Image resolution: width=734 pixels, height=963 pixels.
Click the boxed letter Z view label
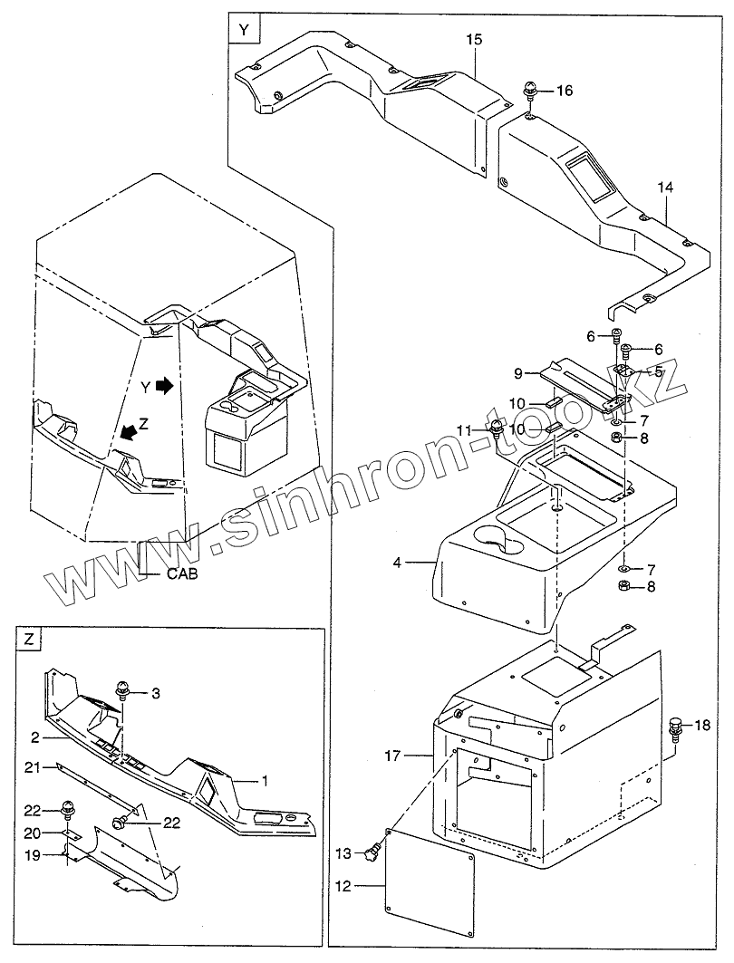[x=29, y=639]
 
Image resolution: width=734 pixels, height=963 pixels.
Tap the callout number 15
[x=475, y=40]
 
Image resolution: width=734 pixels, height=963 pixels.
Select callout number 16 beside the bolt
[x=565, y=91]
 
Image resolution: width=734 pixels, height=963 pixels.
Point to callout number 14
[x=666, y=188]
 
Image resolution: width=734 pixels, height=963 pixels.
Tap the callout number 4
[x=398, y=563]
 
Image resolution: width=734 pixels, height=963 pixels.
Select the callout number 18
[x=703, y=725]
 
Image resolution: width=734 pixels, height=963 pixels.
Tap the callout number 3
[x=156, y=693]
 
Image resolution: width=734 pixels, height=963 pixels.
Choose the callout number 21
[x=31, y=767]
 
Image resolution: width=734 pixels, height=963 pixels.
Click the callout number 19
[x=31, y=853]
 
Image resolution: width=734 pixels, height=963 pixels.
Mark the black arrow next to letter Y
[x=164, y=385]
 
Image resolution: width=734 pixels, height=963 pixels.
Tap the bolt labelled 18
[x=674, y=727]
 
